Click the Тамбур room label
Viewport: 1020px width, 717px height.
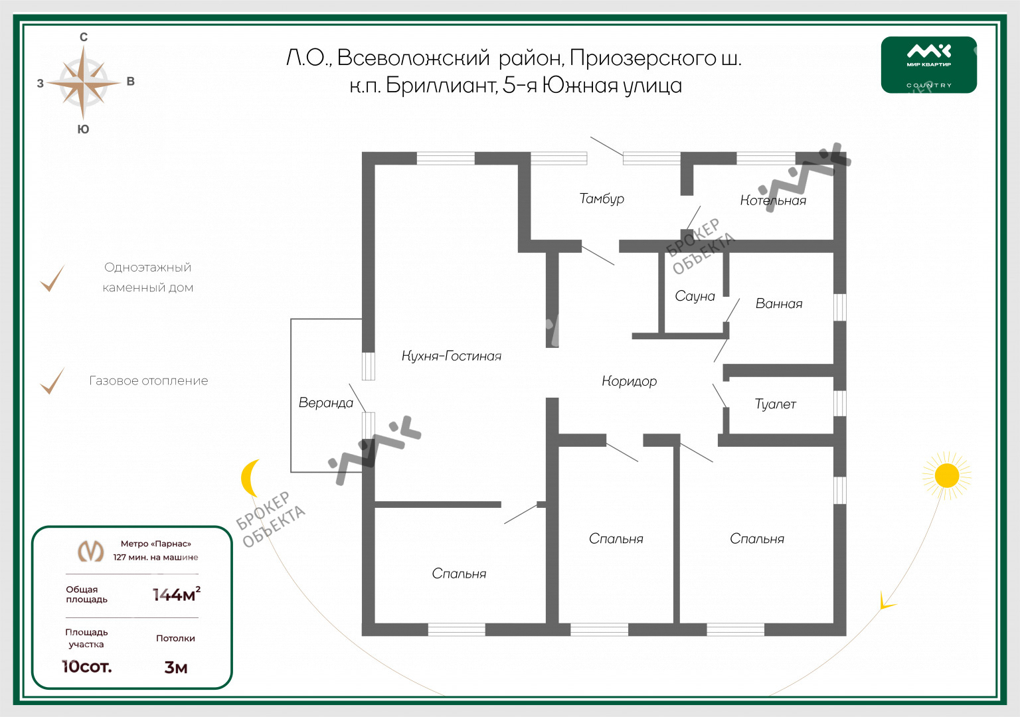602,199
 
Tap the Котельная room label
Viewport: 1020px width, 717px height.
773,200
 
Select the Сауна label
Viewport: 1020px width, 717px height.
695,296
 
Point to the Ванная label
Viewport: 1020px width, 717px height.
779,303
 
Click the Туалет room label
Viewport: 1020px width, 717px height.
775,404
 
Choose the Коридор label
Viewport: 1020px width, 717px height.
630,381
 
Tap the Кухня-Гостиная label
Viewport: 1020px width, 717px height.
452,356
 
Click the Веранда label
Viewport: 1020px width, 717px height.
325,403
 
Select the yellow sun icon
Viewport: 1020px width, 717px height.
947,476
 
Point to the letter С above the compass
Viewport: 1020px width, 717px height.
84,37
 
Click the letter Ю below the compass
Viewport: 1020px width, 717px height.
83,129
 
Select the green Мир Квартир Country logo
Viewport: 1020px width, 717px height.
929,65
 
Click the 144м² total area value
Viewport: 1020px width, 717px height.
176,595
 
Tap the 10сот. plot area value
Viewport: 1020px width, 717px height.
87,667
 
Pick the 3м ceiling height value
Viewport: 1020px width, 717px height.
176,668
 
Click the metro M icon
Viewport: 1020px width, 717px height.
90,551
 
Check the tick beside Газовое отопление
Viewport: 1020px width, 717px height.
52,380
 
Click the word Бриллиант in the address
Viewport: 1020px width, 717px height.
441,86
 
